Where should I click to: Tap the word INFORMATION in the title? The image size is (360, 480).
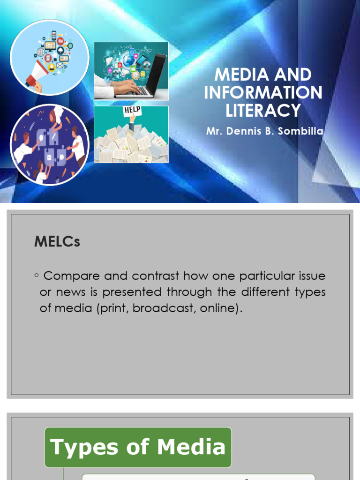tap(263, 92)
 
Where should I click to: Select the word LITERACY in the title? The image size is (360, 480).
tap(263, 110)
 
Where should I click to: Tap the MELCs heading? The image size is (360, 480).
tap(57, 242)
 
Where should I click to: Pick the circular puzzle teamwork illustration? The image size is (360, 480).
tap(49, 144)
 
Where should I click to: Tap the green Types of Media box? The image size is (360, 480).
tap(138, 447)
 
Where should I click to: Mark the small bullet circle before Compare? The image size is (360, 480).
tap(36, 275)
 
